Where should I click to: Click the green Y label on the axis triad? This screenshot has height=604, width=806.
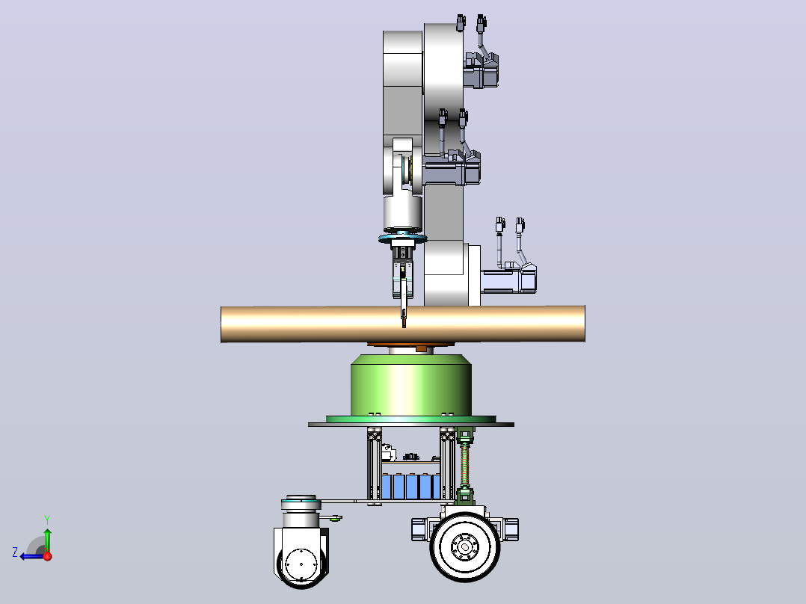[47, 520]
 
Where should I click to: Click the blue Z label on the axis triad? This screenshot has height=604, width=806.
[15, 552]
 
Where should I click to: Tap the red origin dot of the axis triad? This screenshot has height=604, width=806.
[48, 556]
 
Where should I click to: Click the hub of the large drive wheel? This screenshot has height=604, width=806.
[465, 546]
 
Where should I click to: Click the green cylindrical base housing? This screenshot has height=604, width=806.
[410, 386]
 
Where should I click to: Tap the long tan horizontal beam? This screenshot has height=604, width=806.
[403, 324]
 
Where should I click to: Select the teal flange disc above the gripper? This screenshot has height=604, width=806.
[403, 238]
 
